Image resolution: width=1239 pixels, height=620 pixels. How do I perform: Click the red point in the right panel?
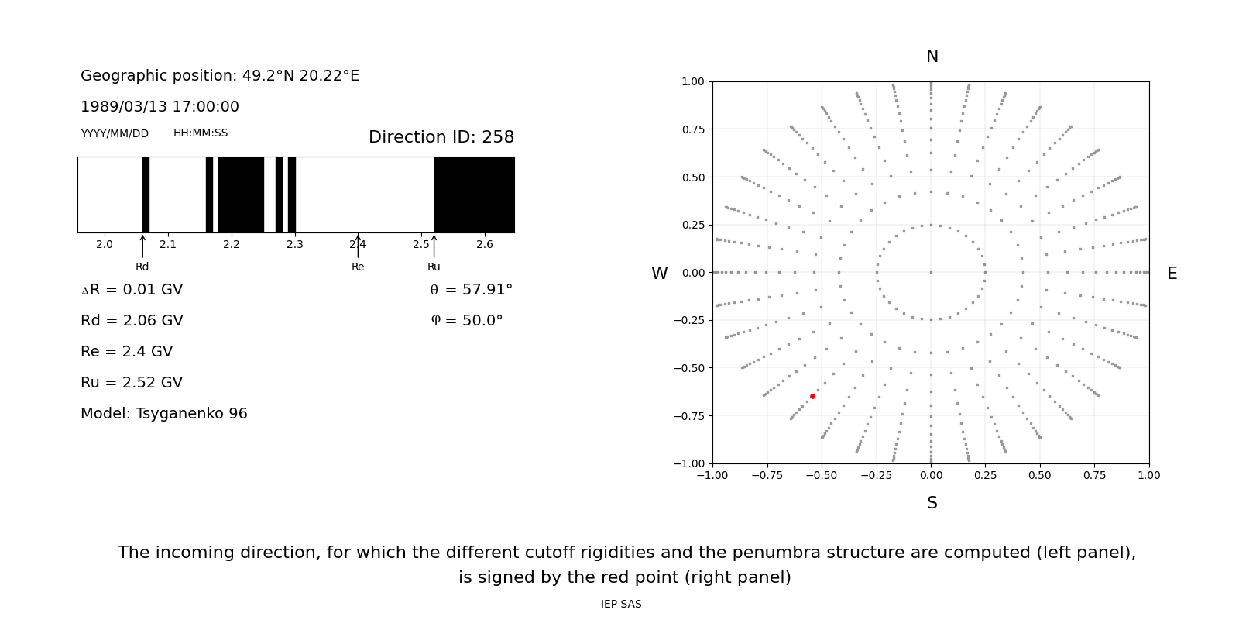[x=812, y=396]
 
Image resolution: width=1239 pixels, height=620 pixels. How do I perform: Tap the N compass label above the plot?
[x=932, y=57]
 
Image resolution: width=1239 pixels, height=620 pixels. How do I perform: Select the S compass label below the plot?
[x=932, y=503]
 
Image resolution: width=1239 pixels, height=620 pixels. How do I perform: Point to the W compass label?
[x=659, y=274]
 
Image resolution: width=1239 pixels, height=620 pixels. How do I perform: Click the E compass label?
[x=1172, y=274]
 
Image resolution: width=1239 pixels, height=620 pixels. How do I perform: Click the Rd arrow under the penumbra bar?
[x=142, y=246]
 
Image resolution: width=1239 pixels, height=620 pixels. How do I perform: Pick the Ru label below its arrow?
[x=434, y=267]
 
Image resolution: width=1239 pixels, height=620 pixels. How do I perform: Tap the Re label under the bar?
[x=358, y=267]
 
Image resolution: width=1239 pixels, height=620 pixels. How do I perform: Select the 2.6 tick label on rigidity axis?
[x=484, y=244]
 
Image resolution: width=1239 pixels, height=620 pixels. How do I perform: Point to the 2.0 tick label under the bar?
[x=105, y=244]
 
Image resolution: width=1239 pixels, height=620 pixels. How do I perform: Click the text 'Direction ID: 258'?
[x=441, y=137]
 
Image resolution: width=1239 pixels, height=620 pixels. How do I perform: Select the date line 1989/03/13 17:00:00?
[x=160, y=106]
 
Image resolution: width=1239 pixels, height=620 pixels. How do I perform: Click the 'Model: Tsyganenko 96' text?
[x=163, y=413]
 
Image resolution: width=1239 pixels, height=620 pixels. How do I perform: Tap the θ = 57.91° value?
[x=471, y=289]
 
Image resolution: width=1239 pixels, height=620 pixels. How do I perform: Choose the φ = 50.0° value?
[x=466, y=320]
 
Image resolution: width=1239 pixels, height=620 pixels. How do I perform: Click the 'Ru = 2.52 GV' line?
[x=132, y=382]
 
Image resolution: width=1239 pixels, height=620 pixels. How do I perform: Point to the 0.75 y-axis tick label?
[x=693, y=129]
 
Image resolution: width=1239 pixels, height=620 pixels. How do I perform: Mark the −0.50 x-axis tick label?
[x=821, y=475]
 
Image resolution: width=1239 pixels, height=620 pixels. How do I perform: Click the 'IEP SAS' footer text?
[x=621, y=604]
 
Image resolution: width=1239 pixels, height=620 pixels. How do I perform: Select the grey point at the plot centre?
[x=931, y=272]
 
